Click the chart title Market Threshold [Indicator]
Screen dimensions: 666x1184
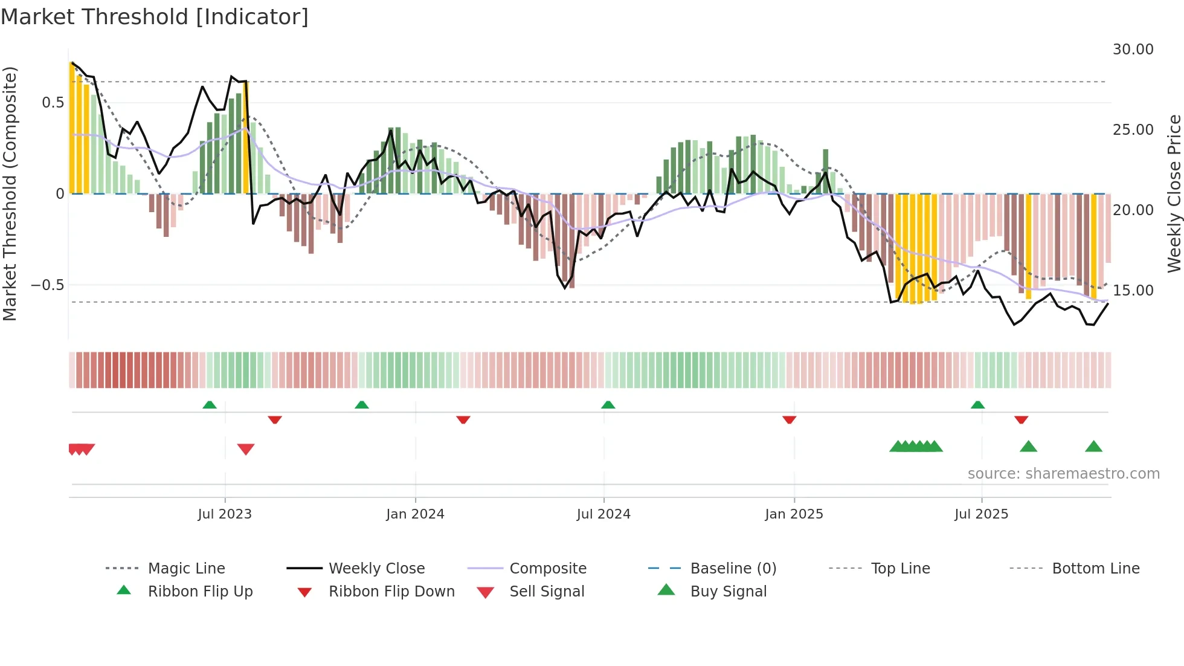[155, 17]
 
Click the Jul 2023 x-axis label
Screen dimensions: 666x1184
[225, 514]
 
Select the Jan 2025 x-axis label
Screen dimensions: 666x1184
[794, 514]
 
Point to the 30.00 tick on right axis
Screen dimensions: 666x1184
[1133, 50]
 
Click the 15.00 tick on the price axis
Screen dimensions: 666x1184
[1133, 291]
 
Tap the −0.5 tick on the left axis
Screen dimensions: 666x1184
[48, 285]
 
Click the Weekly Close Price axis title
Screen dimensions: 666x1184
[1174, 193]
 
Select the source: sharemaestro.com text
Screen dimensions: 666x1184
[1063, 474]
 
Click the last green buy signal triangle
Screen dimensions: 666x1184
[1093, 447]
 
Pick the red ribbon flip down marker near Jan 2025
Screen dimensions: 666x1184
[789, 419]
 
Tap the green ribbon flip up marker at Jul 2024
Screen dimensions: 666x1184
[608, 405]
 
